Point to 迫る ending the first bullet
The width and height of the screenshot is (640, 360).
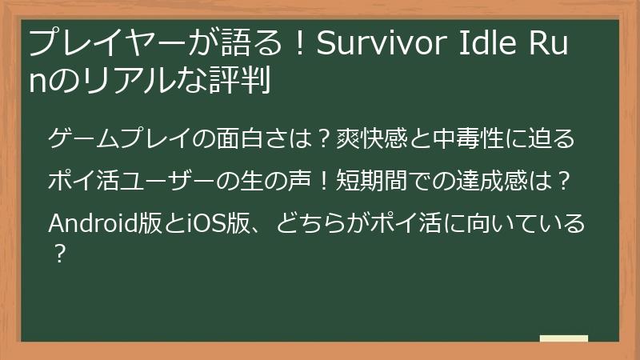click(555, 138)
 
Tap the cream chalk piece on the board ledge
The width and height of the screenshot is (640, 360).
click(563, 338)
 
